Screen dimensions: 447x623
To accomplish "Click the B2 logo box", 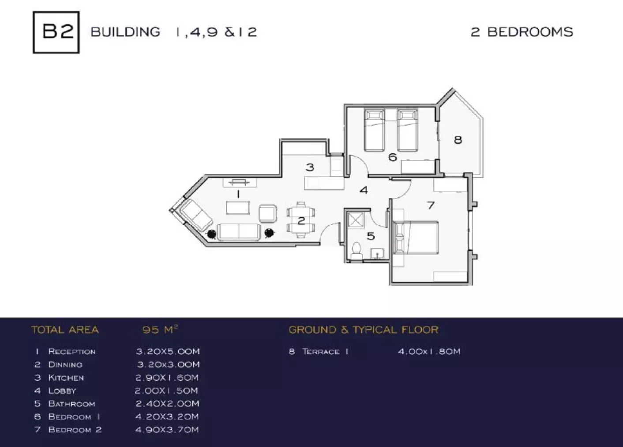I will [x=56, y=32].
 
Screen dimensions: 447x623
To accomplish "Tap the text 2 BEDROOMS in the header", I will [x=522, y=32].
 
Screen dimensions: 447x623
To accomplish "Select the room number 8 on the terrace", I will [x=458, y=140].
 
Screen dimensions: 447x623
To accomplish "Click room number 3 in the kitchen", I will [x=310, y=167].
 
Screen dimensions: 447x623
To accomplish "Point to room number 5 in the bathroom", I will [x=371, y=236].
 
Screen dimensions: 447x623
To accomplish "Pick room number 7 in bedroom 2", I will [x=431, y=205].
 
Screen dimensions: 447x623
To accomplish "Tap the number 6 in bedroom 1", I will [x=392, y=157].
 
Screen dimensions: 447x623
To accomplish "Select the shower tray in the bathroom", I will [x=355, y=220].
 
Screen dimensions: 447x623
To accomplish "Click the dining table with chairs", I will [x=301, y=220].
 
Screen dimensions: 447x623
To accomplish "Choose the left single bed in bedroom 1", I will [x=374, y=130].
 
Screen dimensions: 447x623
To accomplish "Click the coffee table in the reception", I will [x=238, y=208].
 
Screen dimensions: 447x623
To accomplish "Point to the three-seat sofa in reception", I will [x=239, y=231].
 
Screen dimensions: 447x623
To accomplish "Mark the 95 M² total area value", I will [x=160, y=330].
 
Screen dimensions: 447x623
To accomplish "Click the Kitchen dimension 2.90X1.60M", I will [x=167, y=378].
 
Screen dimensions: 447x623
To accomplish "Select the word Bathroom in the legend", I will [x=71, y=404].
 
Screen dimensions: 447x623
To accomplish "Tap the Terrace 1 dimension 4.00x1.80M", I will [x=429, y=352].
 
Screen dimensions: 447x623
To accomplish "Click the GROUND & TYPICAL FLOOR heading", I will [x=363, y=330].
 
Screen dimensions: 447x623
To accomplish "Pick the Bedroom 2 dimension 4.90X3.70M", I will [x=167, y=430].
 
